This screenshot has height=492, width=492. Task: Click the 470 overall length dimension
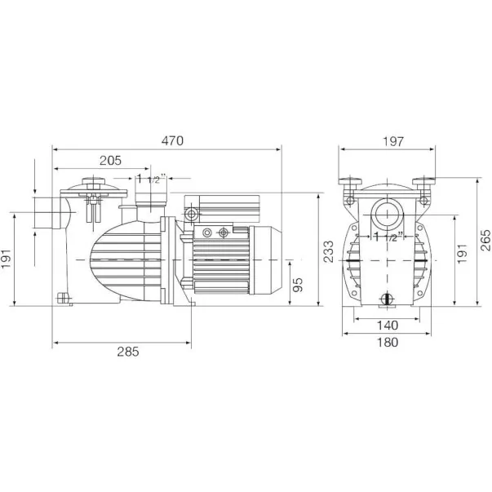click(x=172, y=141)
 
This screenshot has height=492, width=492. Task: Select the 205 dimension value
click(x=110, y=161)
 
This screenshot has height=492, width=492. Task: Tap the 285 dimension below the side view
click(x=128, y=352)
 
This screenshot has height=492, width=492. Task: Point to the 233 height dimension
click(x=329, y=251)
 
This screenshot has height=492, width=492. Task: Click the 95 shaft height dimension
click(x=298, y=285)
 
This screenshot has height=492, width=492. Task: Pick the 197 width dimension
click(x=392, y=141)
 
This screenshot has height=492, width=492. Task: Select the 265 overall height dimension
click(x=485, y=240)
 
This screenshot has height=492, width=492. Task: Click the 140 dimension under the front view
click(x=388, y=326)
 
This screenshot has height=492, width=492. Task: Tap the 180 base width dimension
click(x=388, y=342)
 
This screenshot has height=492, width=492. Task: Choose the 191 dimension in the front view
click(x=462, y=254)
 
